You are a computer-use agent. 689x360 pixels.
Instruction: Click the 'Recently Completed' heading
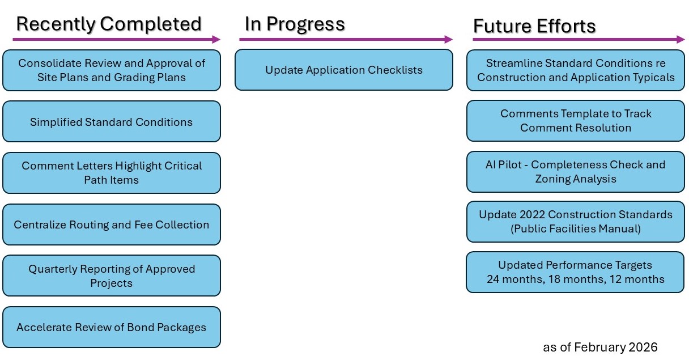[x=109, y=24]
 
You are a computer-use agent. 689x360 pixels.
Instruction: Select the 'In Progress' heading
[x=295, y=24]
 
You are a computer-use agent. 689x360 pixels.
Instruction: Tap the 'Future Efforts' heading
[x=534, y=26]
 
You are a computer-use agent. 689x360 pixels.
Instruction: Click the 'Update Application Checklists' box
[x=344, y=70]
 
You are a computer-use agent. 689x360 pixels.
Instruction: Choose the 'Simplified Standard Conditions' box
[x=111, y=122]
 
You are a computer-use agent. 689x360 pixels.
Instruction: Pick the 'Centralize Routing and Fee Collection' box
[x=111, y=225]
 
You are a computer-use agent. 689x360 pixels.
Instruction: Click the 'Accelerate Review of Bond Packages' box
[x=111, y=327]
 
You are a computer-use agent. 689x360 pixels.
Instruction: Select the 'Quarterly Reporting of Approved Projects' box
[x=111, y=276]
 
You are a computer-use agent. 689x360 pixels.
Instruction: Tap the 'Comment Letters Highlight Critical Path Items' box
[x=111, y=173]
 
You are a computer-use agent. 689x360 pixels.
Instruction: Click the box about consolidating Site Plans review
[x=111, y=70]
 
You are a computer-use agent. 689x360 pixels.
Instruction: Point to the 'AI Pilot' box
[x=575, y=172]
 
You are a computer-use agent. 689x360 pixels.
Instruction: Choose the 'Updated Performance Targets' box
[x=575, y=272]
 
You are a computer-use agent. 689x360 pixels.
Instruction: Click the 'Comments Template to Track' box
[x=575, y=121]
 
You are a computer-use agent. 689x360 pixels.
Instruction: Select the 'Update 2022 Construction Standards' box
[x=575, y=222]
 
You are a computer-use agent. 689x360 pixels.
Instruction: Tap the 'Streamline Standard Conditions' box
[x=575, y=70]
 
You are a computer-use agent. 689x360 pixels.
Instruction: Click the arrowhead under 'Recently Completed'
[x=216, y=39]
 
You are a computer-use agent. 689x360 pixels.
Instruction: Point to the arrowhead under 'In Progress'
[x=449, y=39]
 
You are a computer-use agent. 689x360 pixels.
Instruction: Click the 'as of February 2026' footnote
[x=600, y=347]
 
